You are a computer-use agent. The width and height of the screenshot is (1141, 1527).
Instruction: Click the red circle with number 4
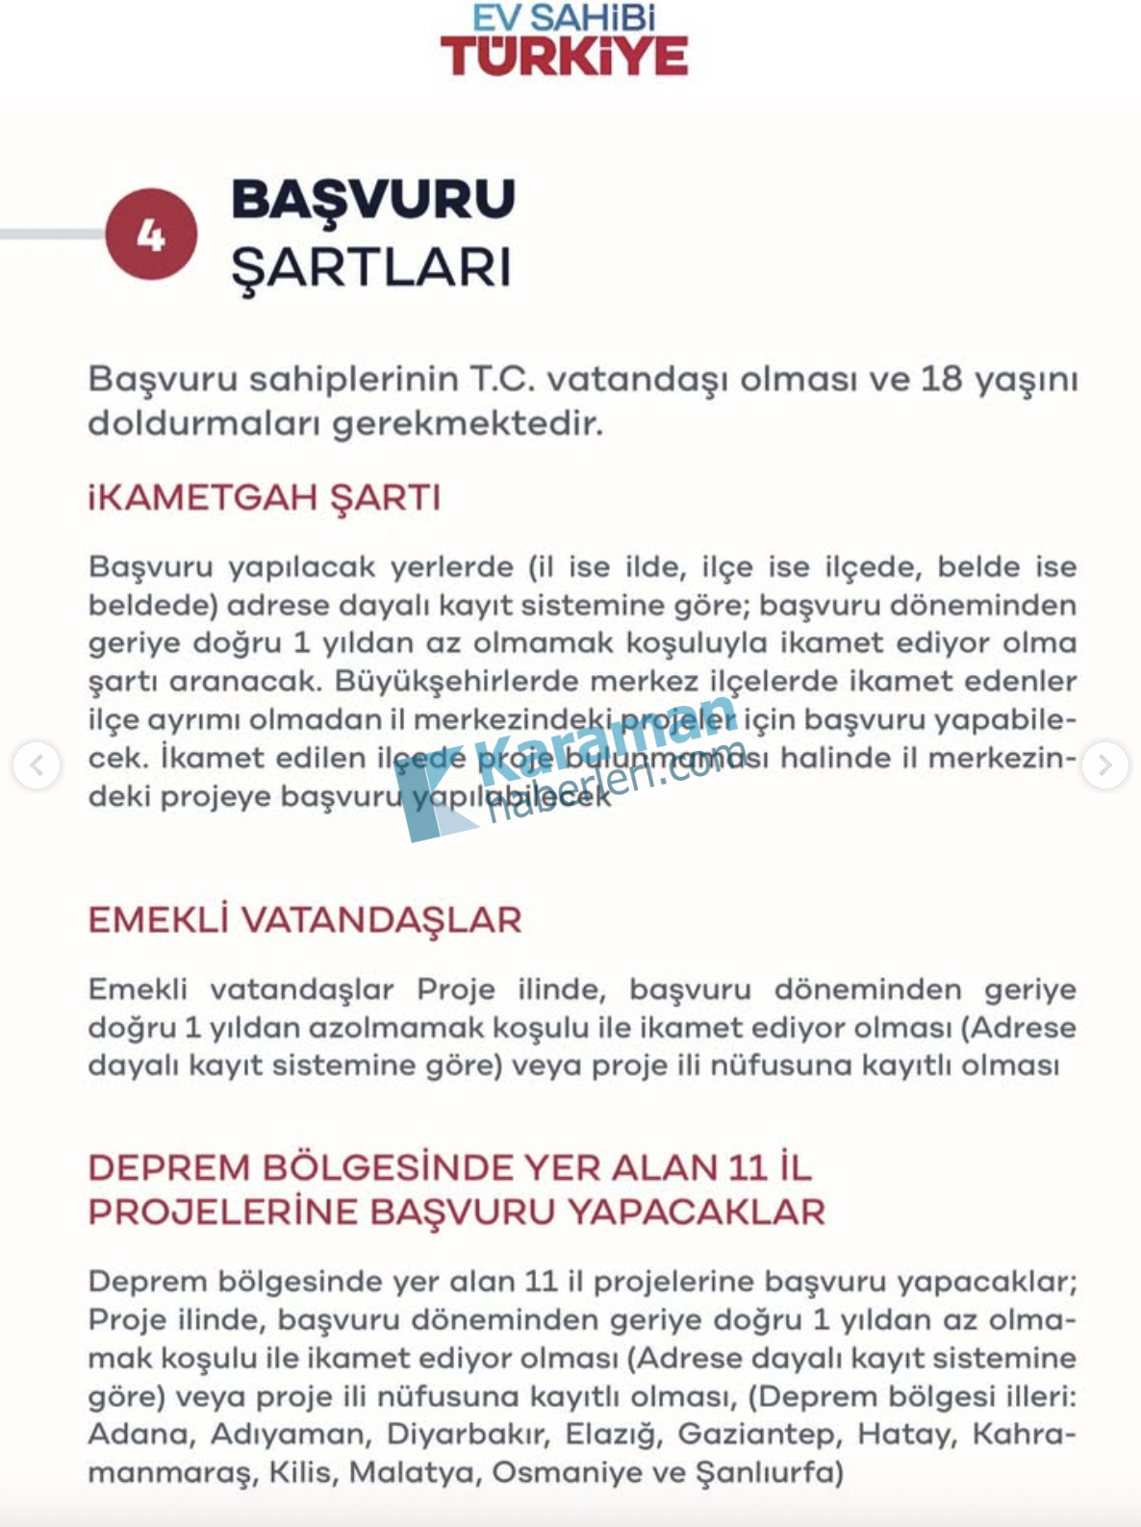click(151, 235)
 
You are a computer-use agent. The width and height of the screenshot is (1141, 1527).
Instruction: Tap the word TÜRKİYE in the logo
click(564, 57)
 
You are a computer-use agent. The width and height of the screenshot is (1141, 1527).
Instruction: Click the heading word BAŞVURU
click(372, 200)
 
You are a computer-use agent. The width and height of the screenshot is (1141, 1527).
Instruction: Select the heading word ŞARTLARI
click(370, 268)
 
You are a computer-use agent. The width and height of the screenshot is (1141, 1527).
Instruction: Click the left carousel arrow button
click(37, 765)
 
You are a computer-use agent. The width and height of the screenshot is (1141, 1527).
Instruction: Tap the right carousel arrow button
click(1104, 765)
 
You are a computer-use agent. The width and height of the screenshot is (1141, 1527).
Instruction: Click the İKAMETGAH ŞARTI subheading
click(265, 498)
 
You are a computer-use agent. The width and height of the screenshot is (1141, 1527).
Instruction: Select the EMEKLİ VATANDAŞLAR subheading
click(304, 920)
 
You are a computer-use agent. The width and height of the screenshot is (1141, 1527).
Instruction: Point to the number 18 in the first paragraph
click(941, 379)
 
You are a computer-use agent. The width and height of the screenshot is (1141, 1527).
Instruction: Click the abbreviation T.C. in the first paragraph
click(502, 379)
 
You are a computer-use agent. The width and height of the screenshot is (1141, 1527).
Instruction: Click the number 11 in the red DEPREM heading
click(747, 1167)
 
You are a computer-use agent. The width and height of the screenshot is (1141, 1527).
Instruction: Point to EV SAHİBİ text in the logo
click(564, 16)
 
